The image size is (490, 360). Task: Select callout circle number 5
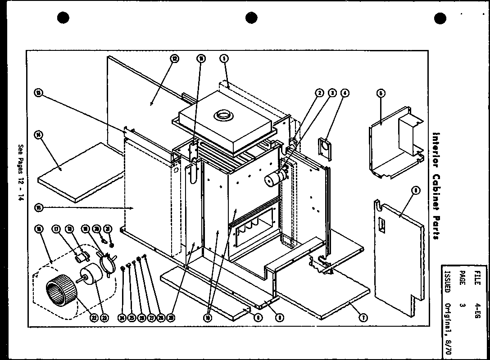(x=381, y=93)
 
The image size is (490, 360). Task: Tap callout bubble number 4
(x=345, y=93)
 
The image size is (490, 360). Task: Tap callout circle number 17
(x=55, y=228)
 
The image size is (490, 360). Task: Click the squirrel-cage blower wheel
(x=61, y=288)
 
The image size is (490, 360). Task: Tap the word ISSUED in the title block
(x=447, y=276)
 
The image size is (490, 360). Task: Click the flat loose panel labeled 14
(x=79, y=173)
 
